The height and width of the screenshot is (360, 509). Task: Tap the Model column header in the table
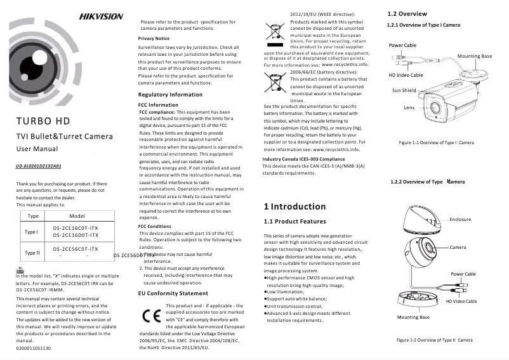[77, 217]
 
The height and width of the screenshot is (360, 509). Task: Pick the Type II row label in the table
[32, 253]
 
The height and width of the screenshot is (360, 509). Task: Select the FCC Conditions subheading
[154, 226]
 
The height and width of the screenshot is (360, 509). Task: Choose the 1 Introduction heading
[294, 206]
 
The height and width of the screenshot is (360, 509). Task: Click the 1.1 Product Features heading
[295, 222]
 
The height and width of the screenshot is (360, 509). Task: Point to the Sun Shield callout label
[404, 90]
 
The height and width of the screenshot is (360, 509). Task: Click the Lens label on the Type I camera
[409, 107]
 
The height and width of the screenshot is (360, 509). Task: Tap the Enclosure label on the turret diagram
[460, 219]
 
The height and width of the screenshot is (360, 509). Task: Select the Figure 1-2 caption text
[435, 340]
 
